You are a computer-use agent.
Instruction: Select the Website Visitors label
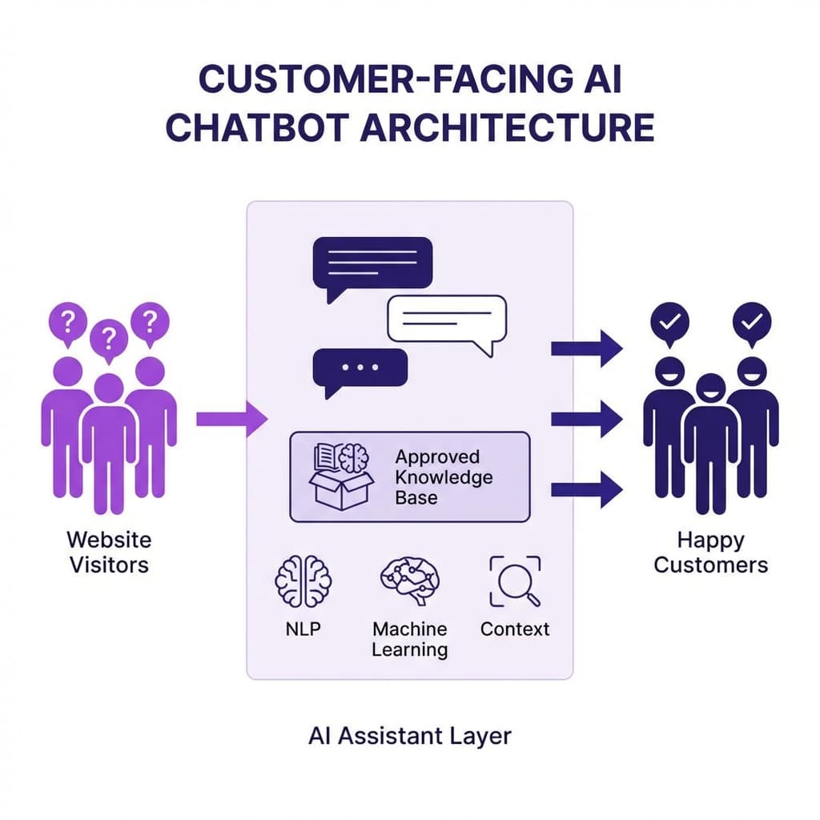pos(109,552)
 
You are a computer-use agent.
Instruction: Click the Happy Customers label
pos(710,552)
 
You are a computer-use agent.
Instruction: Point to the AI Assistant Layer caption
pos(409,735)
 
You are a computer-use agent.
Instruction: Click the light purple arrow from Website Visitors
pos(231,418)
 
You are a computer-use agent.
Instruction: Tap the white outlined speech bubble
pos(446,322)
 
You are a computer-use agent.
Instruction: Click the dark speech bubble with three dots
pos(360,368)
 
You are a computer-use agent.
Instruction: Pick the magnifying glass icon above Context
pos(514,581)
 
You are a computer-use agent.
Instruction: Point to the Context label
pos(515,629)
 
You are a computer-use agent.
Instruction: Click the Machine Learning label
pos(409,639)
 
